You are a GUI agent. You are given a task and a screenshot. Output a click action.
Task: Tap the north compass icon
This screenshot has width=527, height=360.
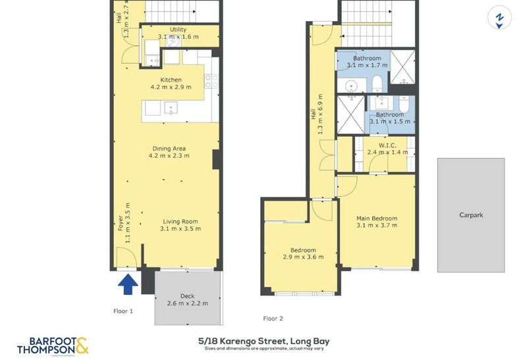(x=499, y=19)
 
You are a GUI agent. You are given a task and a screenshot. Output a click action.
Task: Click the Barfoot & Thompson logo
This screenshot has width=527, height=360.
(x=53, y=346)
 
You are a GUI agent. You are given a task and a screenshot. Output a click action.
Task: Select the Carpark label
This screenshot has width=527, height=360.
(x=471, y=215)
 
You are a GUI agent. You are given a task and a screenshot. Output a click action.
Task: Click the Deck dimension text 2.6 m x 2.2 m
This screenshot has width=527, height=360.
(x=187, y=303)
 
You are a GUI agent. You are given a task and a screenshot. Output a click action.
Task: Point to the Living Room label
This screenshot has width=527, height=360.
(x=180, y=221)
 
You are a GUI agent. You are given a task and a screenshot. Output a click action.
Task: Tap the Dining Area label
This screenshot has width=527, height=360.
(x=170, y=148)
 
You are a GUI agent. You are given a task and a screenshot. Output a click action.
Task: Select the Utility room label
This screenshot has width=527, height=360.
(x=178, y=30)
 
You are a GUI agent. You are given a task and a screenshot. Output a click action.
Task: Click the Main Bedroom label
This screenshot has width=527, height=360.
(x=377, y=219)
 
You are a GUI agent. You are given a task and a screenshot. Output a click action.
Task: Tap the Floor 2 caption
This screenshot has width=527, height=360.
(x=273, y=319)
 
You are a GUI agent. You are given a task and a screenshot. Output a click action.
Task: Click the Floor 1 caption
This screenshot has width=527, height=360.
(x=123, y=311)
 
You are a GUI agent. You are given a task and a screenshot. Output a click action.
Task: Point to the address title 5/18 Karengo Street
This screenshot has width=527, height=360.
(x=263, y=341)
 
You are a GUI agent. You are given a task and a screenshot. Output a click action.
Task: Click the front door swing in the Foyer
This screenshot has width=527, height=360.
(x=125, y=258)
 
